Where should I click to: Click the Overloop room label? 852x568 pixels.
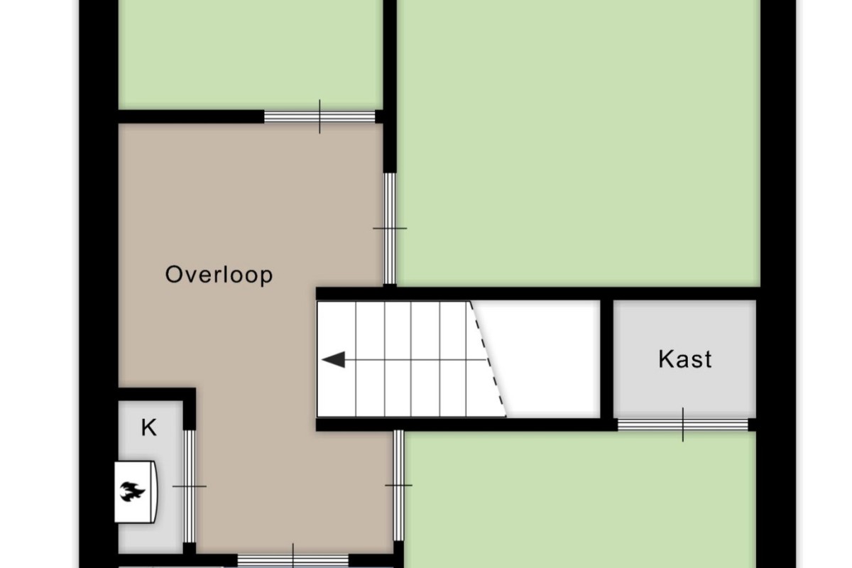click(219, 275)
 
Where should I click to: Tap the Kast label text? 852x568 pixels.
click(685, 359)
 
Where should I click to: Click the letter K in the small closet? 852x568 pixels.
click(148, 427)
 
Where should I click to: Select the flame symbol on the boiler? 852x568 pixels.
click(132, 491)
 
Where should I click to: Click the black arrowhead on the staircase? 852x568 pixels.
click(334, 359)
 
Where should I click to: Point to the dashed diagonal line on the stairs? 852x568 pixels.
click(488, 359)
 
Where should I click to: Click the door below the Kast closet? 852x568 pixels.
click(683, 425)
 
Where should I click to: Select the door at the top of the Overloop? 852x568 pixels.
click(319, 117)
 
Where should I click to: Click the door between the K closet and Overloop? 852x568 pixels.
click(190, 486)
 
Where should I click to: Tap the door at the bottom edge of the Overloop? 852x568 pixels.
click(293, 561)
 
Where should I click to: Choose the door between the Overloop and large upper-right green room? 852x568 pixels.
click(390, 229)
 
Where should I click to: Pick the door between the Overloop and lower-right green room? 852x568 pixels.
click(398, 486)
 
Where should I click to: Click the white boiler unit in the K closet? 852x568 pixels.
click(136, 491)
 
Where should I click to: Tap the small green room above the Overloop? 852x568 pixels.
click(250, 55)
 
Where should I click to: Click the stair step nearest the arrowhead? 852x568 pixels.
click(337, 359)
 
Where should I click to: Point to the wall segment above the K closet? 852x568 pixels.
click(157, 395)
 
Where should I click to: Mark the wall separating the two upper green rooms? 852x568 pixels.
click(390, 87)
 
